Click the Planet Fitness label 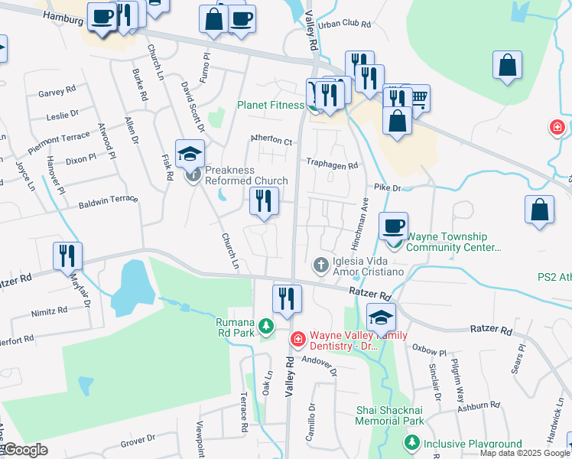click(271, 105)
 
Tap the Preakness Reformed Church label click(245, 181)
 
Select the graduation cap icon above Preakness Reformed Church click(190, 155)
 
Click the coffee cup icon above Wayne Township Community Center click(394, 226)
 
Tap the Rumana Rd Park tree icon click(266, 327)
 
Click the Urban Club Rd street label click(345, 24)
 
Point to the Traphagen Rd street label click(332, 164)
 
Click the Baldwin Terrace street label click(109, 202)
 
